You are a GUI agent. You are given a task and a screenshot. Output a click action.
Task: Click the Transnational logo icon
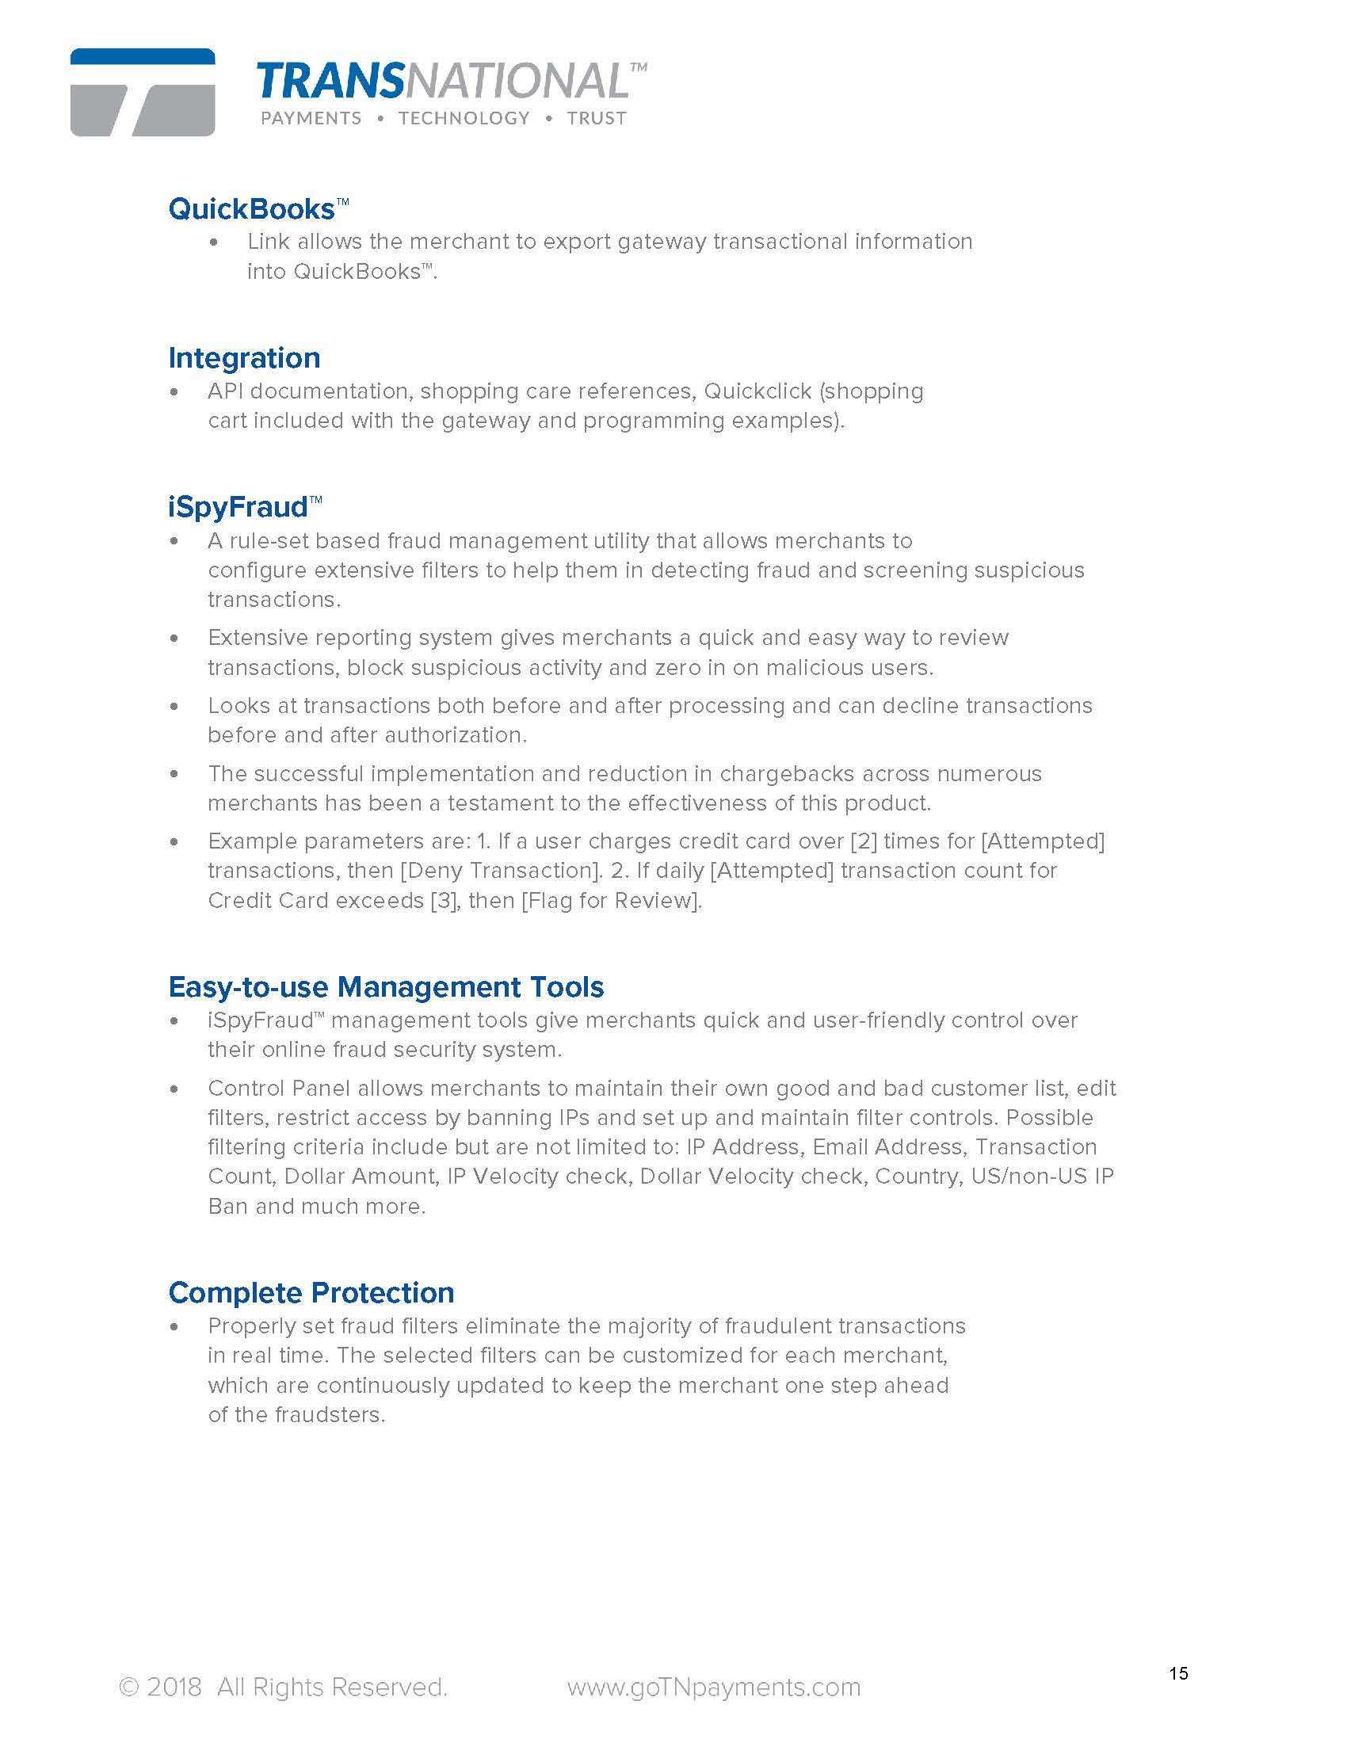[142, 92]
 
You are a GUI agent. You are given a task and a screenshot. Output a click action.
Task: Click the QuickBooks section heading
[251, 209]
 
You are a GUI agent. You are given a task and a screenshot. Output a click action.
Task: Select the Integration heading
[244, 357]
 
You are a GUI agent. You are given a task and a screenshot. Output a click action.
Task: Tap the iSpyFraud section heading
[238, 507]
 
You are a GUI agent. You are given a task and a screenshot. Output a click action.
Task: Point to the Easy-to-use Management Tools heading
[386, 986]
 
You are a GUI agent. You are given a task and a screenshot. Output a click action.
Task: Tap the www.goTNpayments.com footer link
[713, 1686]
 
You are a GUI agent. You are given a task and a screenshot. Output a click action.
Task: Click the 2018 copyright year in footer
[174, 1686]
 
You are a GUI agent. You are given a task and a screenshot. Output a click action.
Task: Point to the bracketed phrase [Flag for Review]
[611, 900]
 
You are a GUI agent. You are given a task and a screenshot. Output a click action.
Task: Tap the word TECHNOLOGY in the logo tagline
[464, 118]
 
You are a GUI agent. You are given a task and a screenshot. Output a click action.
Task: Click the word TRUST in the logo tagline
[596, 118]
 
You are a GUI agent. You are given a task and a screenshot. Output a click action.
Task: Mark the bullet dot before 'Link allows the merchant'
[213, 242]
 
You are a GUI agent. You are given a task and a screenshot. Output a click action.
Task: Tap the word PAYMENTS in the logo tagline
[311, 118]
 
